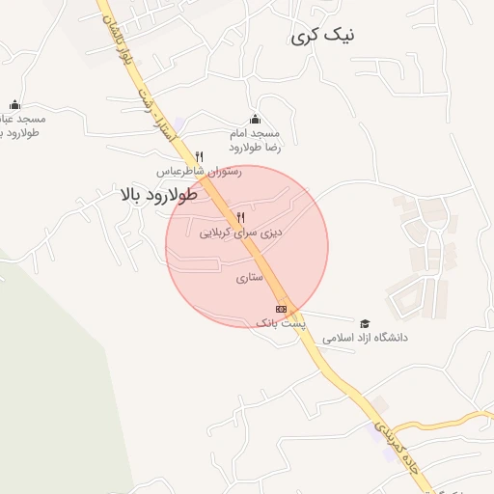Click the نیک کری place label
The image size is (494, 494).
pos(322,36)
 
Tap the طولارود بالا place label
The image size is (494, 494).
pos(158,195)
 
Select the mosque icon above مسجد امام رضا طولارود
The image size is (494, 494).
pos(255,119)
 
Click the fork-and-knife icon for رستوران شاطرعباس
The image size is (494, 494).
pos(199,155)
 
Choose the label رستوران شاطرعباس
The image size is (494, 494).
pos(200,171)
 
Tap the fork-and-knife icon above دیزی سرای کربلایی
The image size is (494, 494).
pos(240,217)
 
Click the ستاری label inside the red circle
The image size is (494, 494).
pos(249,278)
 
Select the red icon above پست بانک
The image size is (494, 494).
pos(281,309)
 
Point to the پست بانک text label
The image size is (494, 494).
pos(280,324)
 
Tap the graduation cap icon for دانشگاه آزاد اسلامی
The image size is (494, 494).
pos(365,323)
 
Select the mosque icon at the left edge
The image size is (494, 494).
pos(14,104)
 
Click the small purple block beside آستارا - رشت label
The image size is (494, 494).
pos(179,123)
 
